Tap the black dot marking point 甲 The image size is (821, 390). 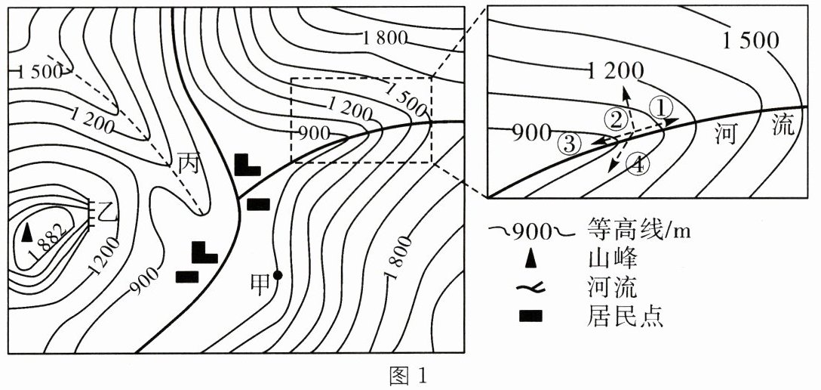tap(278, 275)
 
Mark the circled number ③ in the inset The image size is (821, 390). tap(568, 143)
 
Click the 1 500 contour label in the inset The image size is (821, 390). tap(751, 39)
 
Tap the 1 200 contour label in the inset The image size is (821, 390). tap(615, 73)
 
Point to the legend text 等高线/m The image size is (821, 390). tap(638, 230)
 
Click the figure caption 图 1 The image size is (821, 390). tap(410, 375)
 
